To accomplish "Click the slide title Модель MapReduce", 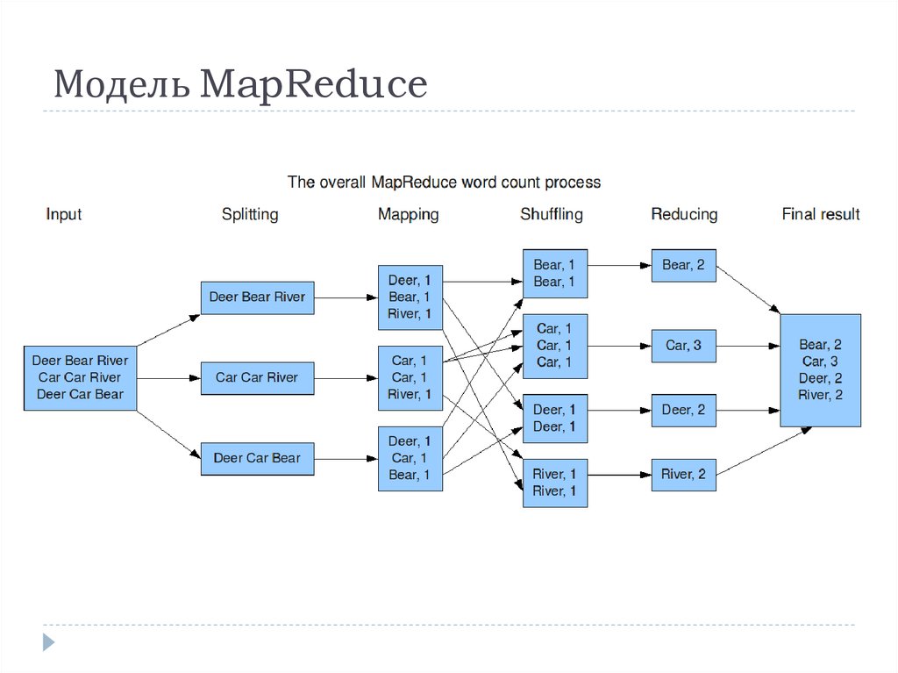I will point(240,85).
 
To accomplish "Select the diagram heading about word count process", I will point(445,183).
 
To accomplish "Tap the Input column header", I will point(64,214).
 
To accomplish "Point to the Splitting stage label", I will point(250,214).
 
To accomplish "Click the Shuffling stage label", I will point(551,214).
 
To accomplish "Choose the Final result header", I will point(820,214).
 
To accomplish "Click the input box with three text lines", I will point(80,377).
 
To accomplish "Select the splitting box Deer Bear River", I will point(257,297).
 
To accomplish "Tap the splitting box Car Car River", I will point(257,378).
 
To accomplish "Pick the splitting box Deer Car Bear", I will point(257,458).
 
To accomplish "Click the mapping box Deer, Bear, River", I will point(410,297).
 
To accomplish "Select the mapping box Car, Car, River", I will point(410,378).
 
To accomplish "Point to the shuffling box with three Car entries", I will point(554,346).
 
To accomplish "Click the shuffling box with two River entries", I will point(554,483).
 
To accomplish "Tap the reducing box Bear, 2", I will point(683,265).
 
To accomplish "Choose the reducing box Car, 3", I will point(683,346).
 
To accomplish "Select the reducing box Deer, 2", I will point(683,410).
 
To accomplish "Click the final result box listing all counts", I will point(820,370).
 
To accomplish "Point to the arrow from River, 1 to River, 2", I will point(619,475).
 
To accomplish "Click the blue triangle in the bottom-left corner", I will point(48,642).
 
